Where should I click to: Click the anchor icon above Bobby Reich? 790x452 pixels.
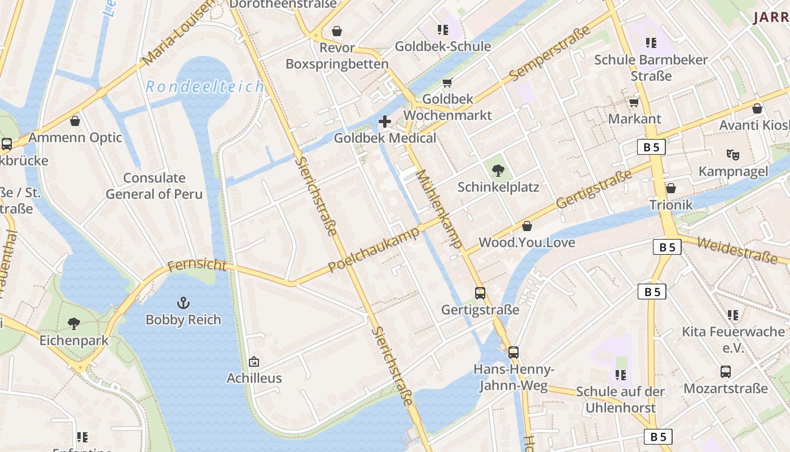[x=183, y=303]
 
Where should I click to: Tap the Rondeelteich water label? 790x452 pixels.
[x=205, y=87]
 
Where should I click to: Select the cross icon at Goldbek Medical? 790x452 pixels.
[x=385, y=121]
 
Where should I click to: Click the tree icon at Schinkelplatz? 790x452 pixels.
[x=498, y=170]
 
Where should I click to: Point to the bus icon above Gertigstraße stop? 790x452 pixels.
[x=480, y=293]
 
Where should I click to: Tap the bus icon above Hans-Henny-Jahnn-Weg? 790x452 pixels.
[x=513, y=353]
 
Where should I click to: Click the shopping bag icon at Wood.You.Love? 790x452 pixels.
[x=527, y=226]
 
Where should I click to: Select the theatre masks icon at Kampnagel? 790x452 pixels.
[x=732, y=154]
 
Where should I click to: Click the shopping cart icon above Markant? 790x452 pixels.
[x=634, y=102]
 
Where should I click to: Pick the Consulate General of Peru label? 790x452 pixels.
[x=154, y=186]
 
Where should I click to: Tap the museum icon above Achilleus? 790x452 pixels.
[x=254, y=362]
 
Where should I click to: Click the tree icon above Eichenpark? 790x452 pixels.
[x=74, y=324]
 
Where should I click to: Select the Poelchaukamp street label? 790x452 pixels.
[x=374, y=249]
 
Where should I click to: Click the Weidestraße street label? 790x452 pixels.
[x=737, y=250]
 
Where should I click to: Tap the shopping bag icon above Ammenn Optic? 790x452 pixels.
[x=75, y=121]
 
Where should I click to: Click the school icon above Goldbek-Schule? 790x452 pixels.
[x=443, y=29]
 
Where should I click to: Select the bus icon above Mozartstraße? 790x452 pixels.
[x=726, y=372]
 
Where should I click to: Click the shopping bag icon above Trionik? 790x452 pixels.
[x=671, y=188]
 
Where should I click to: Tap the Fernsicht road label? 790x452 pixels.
[x=197, y=265]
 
